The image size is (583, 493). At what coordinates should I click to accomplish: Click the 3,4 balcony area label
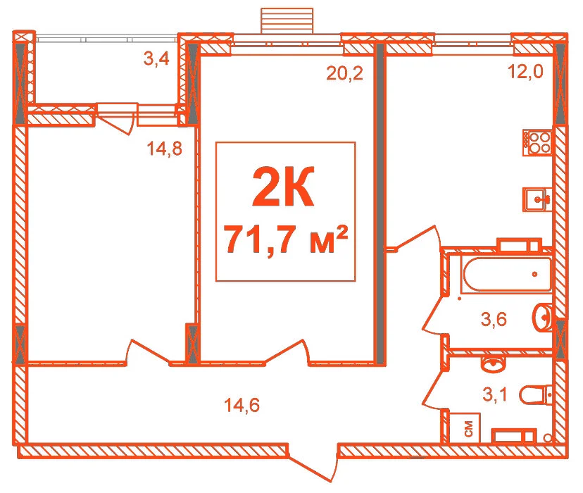[x=156, y=58]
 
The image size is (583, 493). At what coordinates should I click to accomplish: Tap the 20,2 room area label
[x=344, y=73]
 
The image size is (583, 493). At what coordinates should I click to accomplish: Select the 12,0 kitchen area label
[x=525, y=71]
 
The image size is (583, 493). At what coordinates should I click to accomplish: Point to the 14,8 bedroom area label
[x=164, y=149]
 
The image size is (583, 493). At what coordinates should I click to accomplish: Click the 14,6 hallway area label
[x=242, y=405]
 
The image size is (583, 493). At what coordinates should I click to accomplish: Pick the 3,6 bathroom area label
[x=494, y=319]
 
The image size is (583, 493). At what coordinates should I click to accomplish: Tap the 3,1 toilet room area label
[x=495, y=394]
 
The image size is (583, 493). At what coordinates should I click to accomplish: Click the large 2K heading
[x=283, y=187]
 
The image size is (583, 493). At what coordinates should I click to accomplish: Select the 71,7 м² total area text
[x=287, y=239]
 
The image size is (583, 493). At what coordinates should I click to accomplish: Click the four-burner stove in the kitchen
[x=537, y=142]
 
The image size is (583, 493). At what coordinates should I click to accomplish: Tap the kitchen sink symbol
[x=537, y=199]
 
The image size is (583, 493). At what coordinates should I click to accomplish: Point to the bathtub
[x=507, y=274]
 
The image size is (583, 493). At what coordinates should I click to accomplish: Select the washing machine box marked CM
[x=465, y=428]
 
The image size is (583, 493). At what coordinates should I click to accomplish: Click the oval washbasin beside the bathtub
[x=543, y=317]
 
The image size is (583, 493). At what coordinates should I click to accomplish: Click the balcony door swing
[x=115, y=121]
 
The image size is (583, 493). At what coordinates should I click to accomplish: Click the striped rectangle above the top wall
[x=287, y=21]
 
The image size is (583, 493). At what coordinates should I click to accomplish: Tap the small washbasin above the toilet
[x=493, y=363]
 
